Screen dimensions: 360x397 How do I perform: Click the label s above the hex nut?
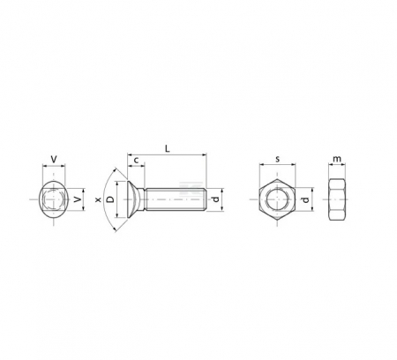pos(277,159)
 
